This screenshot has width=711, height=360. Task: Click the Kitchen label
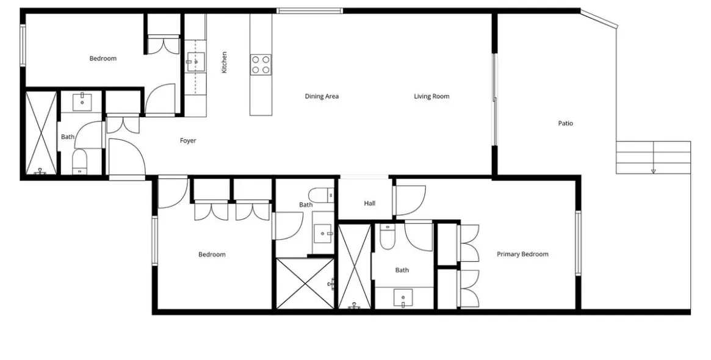click(224, 63)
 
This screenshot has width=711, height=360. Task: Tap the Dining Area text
click(322, 96)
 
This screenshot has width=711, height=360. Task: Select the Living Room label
click(431, 96)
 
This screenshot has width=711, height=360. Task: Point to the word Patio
click(566, 123)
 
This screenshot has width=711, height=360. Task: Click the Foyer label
click(188, 140)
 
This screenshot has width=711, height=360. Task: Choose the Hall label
click(370, 204)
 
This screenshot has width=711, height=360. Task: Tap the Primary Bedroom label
click(522, 254)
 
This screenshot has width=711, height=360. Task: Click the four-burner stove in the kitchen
click(261, 64)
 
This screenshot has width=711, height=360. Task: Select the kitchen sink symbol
click(196, 62)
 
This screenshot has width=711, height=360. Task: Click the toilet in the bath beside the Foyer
click(81, 162)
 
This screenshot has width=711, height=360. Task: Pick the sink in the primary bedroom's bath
click(403, 298)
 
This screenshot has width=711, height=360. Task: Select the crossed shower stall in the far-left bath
click(42, 133)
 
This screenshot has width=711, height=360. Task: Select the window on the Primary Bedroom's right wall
click(578, 243)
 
